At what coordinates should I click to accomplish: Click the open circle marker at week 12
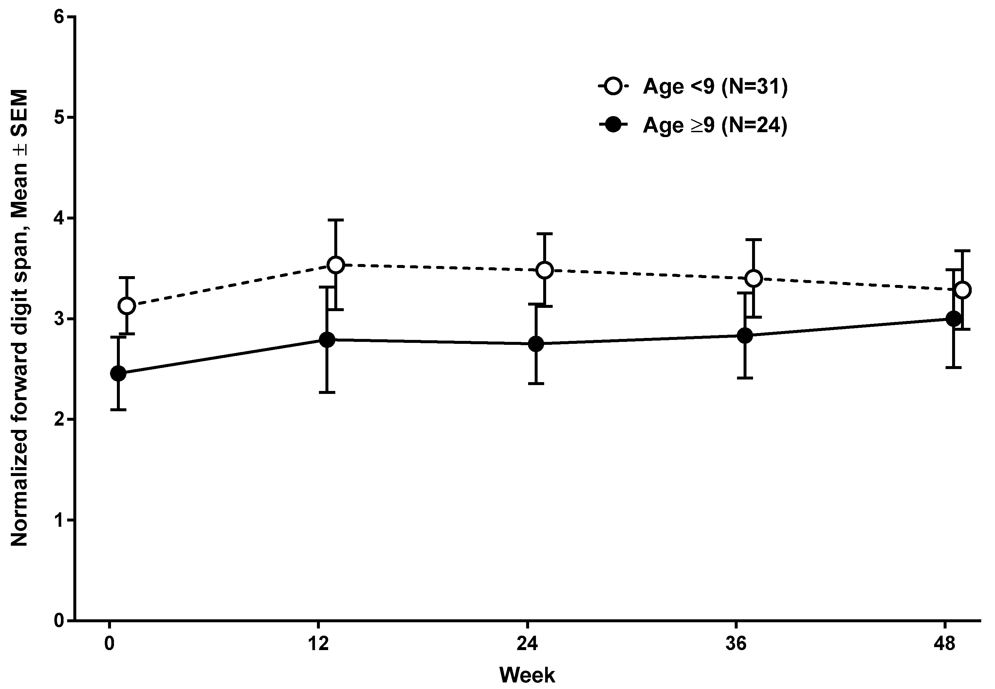[x=336, y=265]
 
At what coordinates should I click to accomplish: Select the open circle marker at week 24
[x=545, y=270]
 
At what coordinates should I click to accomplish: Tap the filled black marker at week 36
[x=745, y=335]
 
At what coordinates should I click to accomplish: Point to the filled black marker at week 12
[x=327, y=340]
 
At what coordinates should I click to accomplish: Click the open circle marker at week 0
[x=127, y=306]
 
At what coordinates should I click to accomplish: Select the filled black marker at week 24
[x=536, y=344]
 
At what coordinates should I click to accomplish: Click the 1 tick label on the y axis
[x=59, y=520]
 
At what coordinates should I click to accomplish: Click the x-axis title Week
[x=527, y=675]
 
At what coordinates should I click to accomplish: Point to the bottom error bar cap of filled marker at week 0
[x=118, y=409]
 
